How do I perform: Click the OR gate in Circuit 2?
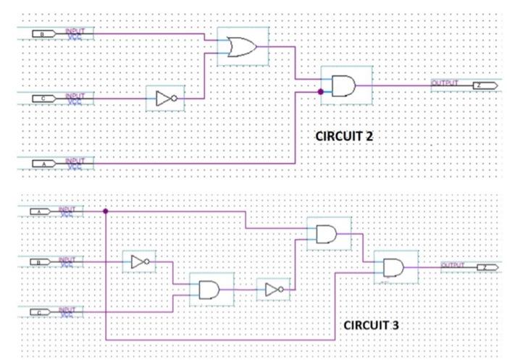click(242, 47)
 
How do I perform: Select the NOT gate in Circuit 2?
click(165, 97)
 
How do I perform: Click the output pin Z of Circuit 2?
click(484, 85)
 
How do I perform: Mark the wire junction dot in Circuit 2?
click(320, 92)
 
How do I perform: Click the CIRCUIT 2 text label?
click(343, 136)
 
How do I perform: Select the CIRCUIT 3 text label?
click(371, 325)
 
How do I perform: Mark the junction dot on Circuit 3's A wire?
click(106, 212)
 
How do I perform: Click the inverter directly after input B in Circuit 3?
click(140, 262)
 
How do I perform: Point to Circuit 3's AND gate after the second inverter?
click(327, 234)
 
